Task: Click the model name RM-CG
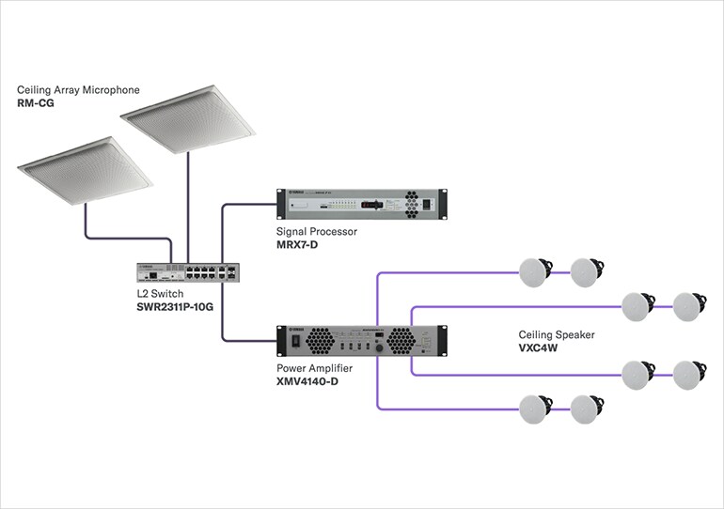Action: coord(37,102)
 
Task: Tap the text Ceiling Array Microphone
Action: coord(78,89)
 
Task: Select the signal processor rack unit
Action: coord(360,205)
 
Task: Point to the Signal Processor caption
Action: coord(316,230)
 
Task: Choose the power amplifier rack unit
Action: coord(360,340)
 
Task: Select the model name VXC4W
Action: coord(539,347)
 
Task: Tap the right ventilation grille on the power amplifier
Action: coord(401,340)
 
